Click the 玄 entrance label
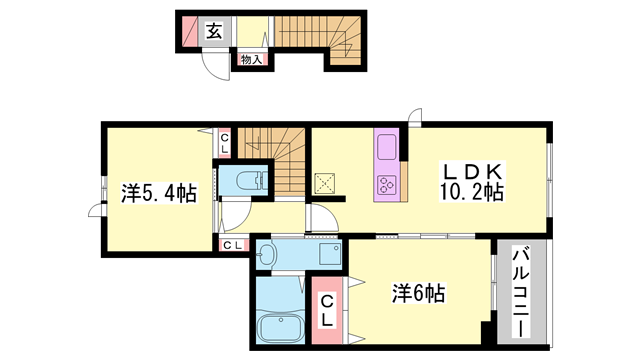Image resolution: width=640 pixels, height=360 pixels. (x=214, y=31)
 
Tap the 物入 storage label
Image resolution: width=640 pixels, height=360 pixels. (x=251, y=60)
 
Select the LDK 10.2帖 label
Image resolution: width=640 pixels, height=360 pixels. (x=472, y=182)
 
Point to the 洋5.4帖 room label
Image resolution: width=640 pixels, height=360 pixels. (x=159, y=193)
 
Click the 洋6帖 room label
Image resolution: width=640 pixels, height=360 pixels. (x=418, y=293)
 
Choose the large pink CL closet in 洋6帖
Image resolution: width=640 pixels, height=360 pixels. (x=327, y=310)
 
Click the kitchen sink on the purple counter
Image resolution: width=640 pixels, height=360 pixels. (x=386, y=147)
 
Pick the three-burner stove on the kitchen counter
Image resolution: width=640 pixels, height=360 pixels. (x=386, y=186)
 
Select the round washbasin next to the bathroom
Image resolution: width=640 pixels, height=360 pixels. (x=267, y=255)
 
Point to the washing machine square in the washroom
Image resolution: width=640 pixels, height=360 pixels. (x=330, y=254)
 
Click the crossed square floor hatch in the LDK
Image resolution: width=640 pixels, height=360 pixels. (x=325, y=184)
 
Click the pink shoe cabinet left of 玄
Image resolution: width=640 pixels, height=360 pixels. (x=189, y=32)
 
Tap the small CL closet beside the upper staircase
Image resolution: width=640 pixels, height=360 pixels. (x=224, y=143)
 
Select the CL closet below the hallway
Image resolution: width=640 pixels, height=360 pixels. (x=233, y=246)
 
